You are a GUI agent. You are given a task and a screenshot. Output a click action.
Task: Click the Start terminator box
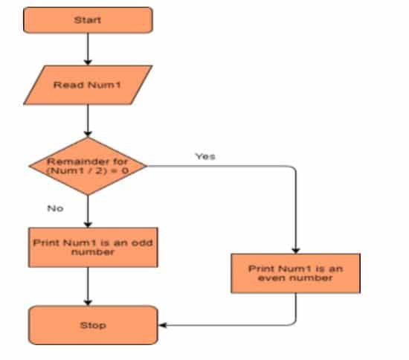(x=88, y=20)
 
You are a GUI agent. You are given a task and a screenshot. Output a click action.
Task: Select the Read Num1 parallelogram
(x=88, y=84)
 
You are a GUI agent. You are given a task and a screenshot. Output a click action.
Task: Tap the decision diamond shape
(x=88, y=166)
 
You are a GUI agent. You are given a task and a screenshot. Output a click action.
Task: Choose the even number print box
(x=296, y=272)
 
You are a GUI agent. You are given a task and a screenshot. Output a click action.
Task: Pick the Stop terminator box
(x=93, y=325)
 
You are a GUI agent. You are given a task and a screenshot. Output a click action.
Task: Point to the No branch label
(x=55, y=208)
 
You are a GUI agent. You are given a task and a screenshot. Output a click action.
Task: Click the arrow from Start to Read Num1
(x=88, y=49)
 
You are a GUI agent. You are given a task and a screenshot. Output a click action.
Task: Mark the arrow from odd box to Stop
(x=88, y=286)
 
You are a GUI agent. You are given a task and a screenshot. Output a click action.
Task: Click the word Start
(x=88, y=20)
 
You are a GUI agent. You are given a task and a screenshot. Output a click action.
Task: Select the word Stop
(x=93, y=325)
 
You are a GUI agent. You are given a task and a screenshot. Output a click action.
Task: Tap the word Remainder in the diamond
(x=72, y=161)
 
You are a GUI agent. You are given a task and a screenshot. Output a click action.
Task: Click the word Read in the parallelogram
(x=65, y=84)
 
